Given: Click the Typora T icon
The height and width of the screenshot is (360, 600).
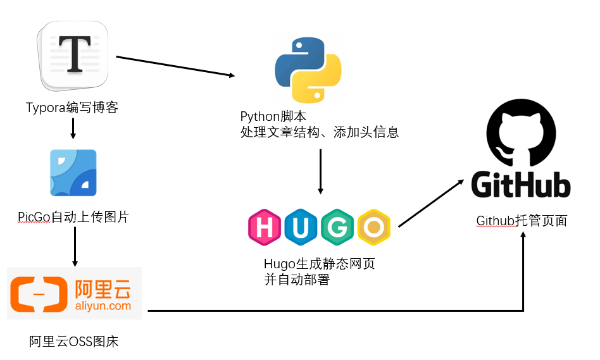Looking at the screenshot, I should coord(73,56).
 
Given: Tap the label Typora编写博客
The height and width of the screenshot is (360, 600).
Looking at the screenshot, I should coord(72,108).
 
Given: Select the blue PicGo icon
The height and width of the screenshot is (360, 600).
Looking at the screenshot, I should coord(73,173).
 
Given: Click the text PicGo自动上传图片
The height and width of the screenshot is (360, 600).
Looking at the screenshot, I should coord(73,217).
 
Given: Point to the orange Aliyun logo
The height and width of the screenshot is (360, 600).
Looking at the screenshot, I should coord(74,294).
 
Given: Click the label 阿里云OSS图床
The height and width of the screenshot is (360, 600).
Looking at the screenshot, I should coord(74,342).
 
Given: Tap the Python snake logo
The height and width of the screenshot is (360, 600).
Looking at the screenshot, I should coord(308,70).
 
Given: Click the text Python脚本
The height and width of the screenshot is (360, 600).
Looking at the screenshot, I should coord(273,116).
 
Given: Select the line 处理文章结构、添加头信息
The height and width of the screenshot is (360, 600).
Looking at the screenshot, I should coord(320,132).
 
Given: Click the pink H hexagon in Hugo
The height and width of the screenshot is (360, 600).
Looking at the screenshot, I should coord(265,227).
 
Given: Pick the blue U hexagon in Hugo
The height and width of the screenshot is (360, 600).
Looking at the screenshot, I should coord(301,227).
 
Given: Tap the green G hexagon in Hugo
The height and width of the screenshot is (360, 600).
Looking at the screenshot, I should coord(337,227).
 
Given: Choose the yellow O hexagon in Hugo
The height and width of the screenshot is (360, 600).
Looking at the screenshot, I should coord(373,227).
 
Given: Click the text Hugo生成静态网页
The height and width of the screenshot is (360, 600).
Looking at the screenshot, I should coord(319,264).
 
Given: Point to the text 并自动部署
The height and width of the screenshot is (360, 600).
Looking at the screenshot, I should coord(297,280).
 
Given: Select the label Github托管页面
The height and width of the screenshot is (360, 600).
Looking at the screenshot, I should coord(522,221).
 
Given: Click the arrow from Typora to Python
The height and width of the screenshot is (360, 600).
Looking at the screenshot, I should coord(175,66).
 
